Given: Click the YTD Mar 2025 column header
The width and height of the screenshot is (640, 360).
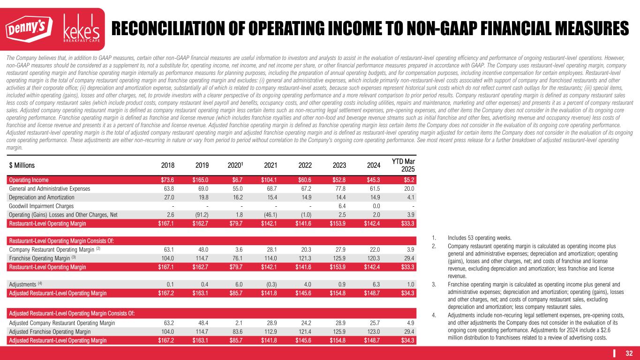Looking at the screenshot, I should (403, 165).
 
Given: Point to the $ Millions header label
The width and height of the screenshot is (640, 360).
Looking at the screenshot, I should (22, 165).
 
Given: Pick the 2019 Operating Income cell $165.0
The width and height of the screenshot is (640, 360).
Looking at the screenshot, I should (200, 180).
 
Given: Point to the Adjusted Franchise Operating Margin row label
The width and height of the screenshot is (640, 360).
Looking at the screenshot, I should (50, 331).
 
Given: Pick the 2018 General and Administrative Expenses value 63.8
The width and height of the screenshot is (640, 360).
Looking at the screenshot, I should (167, 188).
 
